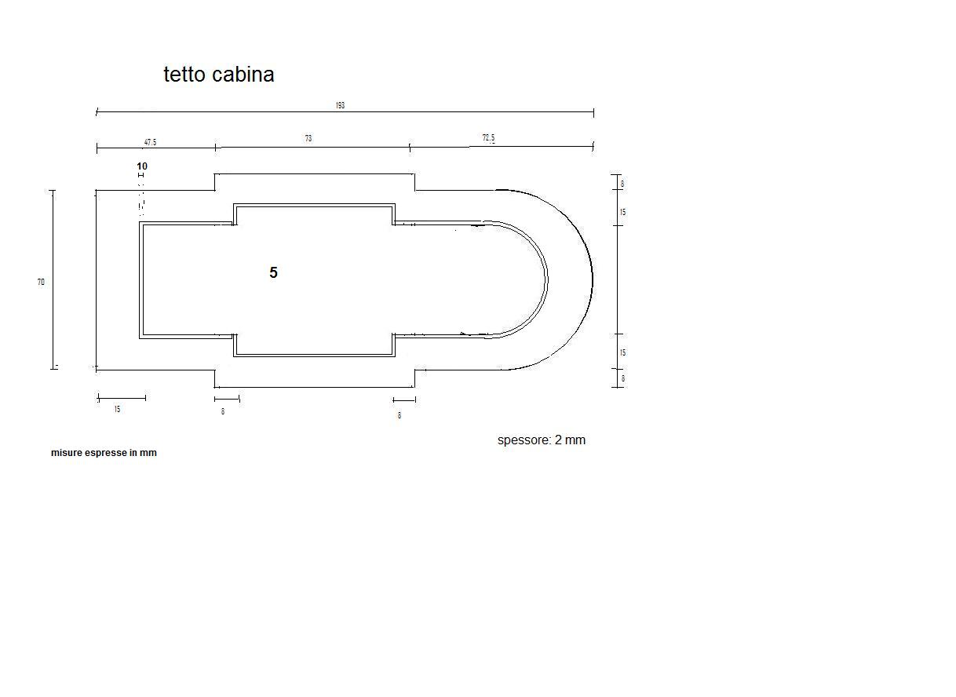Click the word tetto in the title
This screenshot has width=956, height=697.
185,75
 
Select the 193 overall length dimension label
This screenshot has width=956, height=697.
340,105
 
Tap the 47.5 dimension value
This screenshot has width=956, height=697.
150,142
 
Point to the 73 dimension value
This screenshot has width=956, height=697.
308,138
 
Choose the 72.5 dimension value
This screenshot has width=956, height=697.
488,138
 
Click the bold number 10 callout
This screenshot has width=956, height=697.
142,166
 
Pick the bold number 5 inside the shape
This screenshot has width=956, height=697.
273,273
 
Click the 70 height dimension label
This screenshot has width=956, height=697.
41,282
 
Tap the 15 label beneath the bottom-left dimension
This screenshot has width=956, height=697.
117,410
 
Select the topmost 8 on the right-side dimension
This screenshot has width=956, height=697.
622,184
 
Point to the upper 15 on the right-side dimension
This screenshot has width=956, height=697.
622,212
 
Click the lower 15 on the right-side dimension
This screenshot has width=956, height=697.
622,352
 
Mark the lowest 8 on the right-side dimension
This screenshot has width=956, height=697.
623,378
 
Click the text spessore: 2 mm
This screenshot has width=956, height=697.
541,440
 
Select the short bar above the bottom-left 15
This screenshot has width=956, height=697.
122,398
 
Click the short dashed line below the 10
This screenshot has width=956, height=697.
141,196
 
